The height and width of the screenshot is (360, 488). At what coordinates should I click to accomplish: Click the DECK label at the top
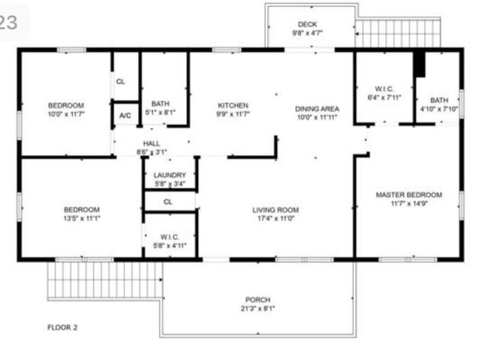point(307,24)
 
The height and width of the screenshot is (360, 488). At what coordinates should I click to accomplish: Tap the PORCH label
point(258,299)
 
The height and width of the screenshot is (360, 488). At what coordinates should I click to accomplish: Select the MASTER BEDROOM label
point(408,195)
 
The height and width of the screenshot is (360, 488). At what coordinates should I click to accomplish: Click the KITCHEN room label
point(233,105)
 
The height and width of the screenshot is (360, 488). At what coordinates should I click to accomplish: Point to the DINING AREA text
point(317,109)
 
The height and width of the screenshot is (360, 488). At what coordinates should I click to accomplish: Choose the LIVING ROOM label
point(276,210)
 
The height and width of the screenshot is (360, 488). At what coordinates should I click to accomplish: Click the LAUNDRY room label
point(169,175)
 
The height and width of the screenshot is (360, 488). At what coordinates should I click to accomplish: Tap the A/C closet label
point(125,115)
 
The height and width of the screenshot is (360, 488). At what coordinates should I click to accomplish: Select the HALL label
point(152,143)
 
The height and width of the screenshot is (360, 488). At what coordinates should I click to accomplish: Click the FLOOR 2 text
point(63,327)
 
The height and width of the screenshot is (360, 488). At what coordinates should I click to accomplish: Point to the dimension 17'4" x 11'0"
point(276,219)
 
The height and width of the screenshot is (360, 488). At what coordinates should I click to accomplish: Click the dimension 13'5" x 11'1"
point(81,219)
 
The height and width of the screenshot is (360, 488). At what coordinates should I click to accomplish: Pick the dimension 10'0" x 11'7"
point(66,114)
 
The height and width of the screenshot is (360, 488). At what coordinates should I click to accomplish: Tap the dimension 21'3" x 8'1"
point(258,309)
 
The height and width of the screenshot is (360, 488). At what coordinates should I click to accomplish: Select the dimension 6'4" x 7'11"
point(382,97)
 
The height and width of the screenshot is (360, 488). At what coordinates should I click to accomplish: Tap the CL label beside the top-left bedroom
point(120,81)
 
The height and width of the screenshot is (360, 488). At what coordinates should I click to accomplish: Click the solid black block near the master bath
point(419,64)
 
